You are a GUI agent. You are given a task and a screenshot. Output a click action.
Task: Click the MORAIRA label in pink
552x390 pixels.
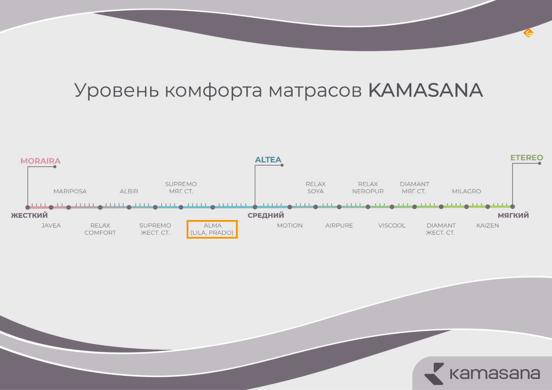click(40, 161)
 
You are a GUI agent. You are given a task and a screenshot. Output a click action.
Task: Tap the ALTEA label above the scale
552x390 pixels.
click(268, 160)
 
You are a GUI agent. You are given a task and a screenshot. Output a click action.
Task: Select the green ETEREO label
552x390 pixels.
click(526, 158)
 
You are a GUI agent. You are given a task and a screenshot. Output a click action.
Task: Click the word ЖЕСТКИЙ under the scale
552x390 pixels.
click(29, 215)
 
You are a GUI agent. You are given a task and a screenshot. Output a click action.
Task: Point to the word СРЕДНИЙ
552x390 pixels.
click(266, 215)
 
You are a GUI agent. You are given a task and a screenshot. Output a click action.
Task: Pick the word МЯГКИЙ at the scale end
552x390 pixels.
click(513, 215)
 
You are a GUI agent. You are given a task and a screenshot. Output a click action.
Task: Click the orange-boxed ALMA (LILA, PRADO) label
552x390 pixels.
click(212, 229)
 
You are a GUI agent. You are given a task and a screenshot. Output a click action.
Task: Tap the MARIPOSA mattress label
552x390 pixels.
click(70, 191)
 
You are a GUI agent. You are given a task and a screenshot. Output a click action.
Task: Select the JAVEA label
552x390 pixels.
click(51, 226)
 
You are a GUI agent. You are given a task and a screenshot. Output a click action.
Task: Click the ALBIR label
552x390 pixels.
click(129, 191)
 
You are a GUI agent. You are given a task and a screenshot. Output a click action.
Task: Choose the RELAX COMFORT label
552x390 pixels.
click(100, 229)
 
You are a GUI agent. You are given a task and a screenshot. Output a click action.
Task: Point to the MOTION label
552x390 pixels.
click(290, 226)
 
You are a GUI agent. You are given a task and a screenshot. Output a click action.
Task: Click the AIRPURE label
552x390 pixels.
click(339, 226)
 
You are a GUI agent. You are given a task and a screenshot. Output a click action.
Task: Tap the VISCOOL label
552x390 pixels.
click(392, 226)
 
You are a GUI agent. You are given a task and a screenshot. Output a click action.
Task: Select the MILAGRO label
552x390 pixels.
click(466, 191)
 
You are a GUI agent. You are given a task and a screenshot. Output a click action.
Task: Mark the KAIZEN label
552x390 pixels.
click(488, 226)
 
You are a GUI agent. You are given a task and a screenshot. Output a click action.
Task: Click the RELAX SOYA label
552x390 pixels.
click(316, 188)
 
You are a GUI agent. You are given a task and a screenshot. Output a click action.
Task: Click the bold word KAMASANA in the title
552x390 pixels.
click(426, 90)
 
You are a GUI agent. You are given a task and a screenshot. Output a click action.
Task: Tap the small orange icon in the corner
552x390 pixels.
click(529, 33)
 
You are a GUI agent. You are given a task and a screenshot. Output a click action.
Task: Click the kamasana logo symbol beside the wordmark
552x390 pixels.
click(434, 373)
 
